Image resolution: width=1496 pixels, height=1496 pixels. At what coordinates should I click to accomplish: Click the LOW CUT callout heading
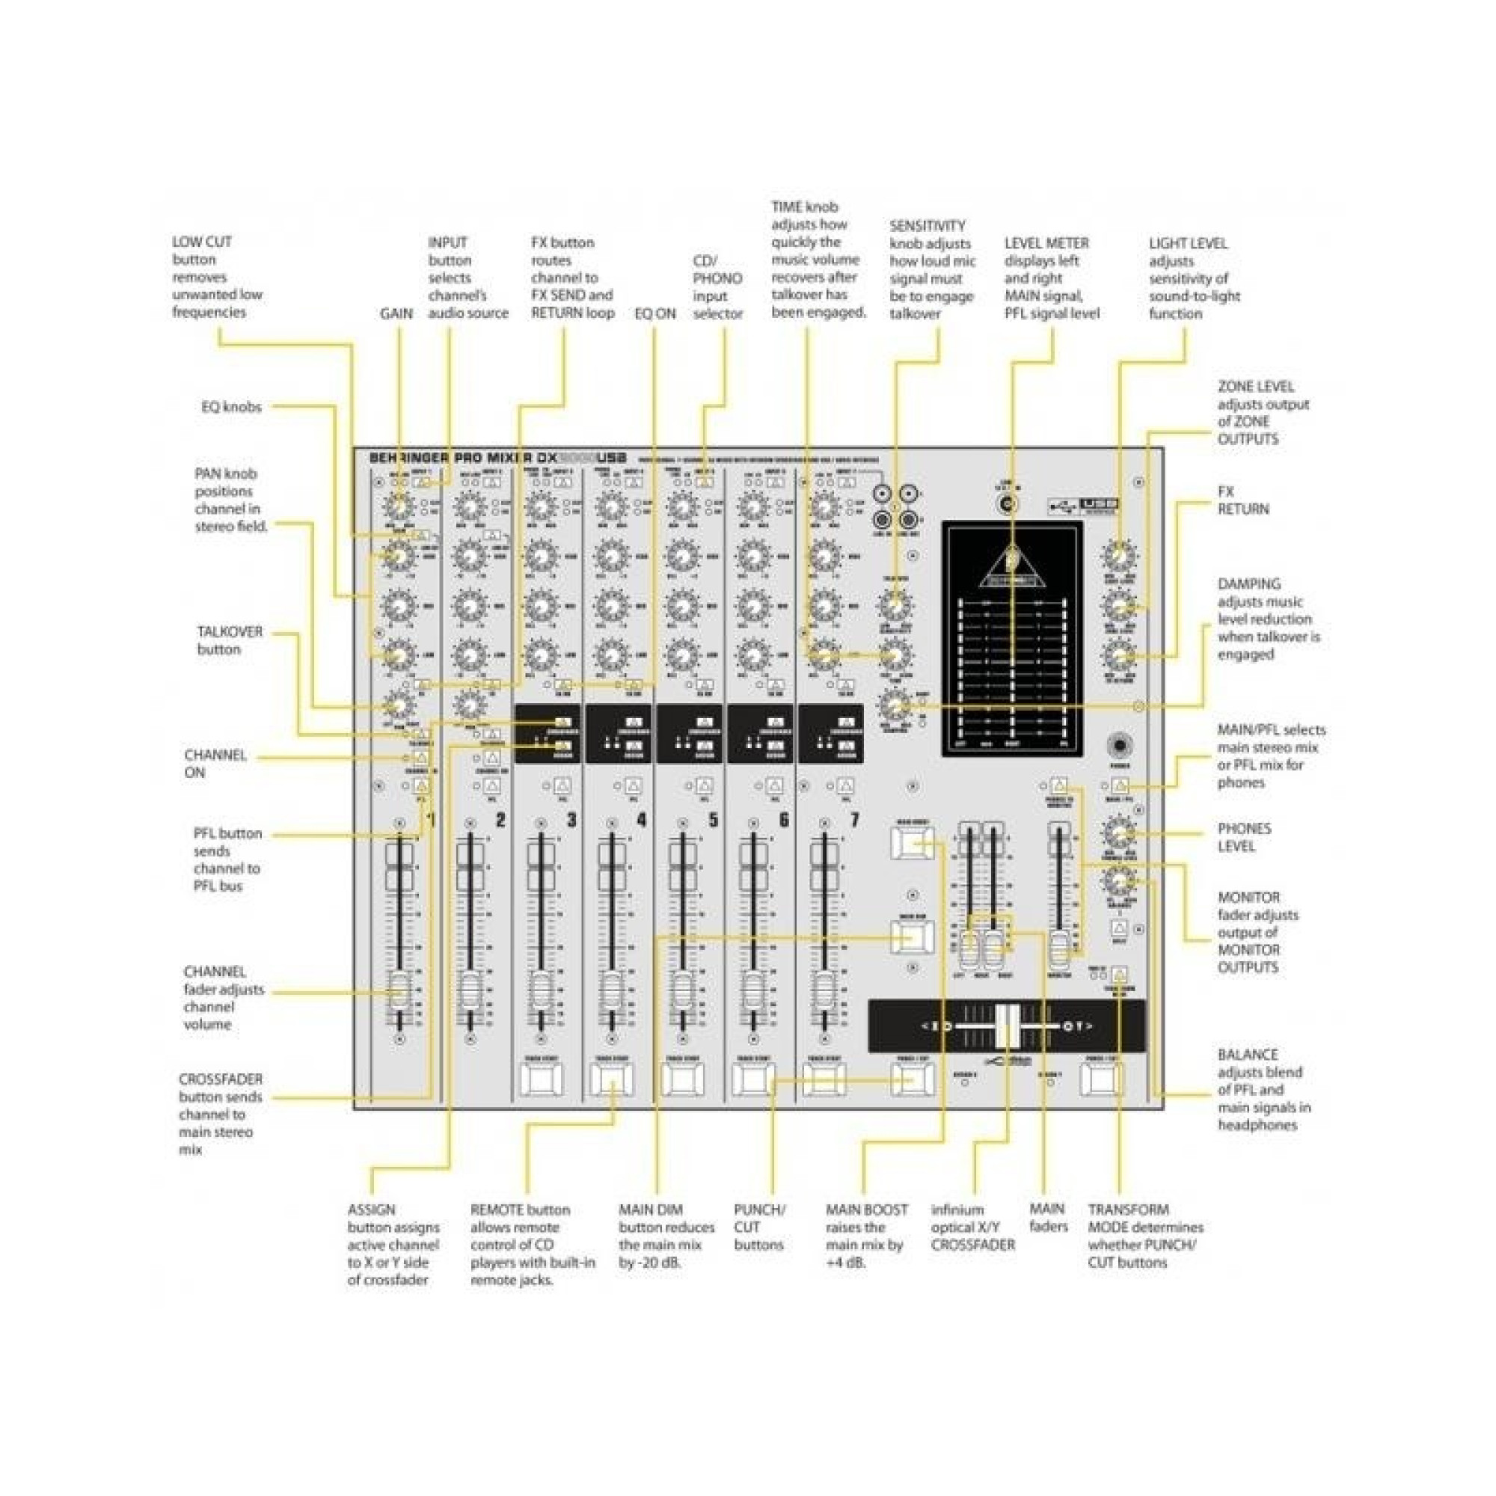coord(201,242)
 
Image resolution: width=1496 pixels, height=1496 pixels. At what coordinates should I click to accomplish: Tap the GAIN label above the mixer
coord(396,313)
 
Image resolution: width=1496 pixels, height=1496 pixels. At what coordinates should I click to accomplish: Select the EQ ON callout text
coord(655,313)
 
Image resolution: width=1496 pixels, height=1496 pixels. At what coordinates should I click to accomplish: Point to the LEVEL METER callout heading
coord(1046,243)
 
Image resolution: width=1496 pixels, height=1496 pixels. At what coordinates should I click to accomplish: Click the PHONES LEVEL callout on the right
coord(1245,837)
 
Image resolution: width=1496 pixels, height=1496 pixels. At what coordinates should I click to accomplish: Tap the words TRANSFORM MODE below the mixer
coord(1128,1218)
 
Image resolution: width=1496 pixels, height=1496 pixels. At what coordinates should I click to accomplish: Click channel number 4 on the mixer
coord(642,819)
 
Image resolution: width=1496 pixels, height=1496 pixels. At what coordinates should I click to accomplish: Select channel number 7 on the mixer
coord(855,819)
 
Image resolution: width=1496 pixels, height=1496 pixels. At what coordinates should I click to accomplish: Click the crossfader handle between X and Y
coord(1008,1026)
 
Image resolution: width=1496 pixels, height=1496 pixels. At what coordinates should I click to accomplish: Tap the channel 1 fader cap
coord(399,990)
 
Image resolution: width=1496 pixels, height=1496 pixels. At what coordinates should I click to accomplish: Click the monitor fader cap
coord(1058,949)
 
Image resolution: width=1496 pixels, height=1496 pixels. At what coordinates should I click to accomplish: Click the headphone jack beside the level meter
coord(1120,746)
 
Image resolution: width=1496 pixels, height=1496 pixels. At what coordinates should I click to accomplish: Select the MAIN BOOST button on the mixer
coord(911,841)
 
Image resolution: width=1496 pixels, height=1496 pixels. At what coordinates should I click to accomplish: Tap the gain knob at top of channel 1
coord(398,508)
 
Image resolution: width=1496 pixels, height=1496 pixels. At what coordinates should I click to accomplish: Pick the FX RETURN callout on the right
coord(1242,500)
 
